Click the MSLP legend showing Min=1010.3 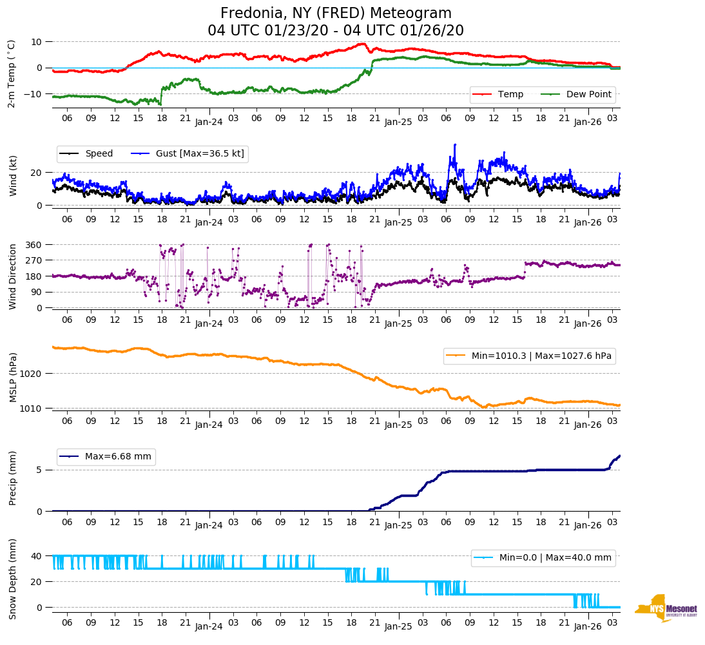(x=528, y=356)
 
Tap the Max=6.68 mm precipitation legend (x=106, y=457)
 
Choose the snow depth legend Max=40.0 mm (x=542, y=558)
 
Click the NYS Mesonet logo (x=666, y=608)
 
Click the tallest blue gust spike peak (x=455, y=145)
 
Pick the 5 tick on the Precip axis (x=40, y=470)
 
